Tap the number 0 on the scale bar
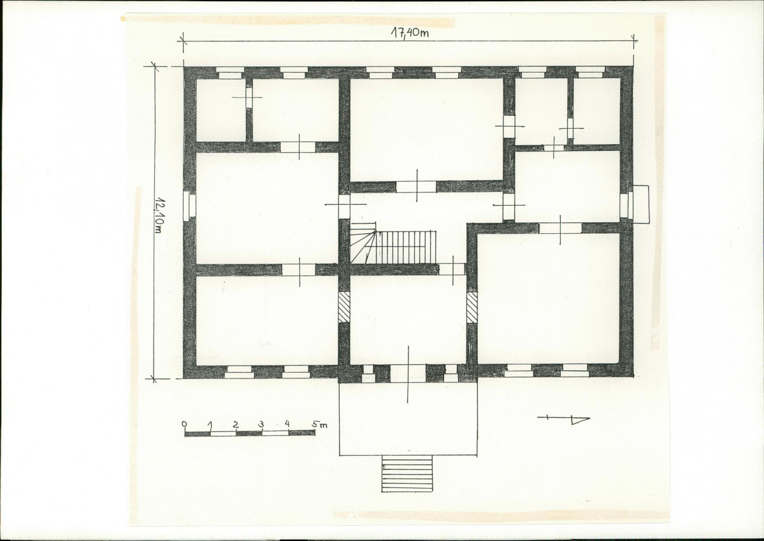click(x=184, y=424)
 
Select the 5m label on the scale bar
click(x=320, y=424)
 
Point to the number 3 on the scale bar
click(x=262, y=424)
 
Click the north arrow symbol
click(x=563, y=419)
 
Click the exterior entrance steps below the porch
click(x=407, y=473)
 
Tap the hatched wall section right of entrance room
click(x=472, y=307)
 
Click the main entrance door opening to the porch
click(x=408, y=373)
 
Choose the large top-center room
click(x=427, y=129)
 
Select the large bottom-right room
click(x=549, y=298)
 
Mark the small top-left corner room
click(x=220, y=110)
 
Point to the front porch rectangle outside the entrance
click(x=408, y=419)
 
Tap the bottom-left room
click(x=267, y=321)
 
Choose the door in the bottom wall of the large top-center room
click(x=416, y=187)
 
